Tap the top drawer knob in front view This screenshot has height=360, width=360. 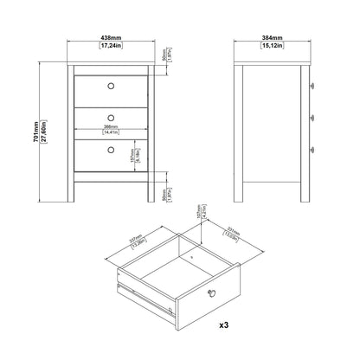tap(110, 85)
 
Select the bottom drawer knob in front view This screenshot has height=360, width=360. tap(110, 149)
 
